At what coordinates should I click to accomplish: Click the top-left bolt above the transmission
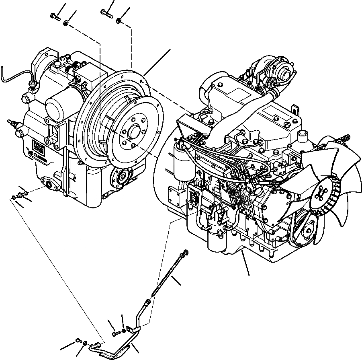pyautogui.click(x=55, y=16)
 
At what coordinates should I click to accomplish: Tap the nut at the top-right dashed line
pyautogui.click(x=119, y=20)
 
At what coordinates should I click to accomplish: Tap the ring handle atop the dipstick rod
pyautogui.click(x=185, y=253)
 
